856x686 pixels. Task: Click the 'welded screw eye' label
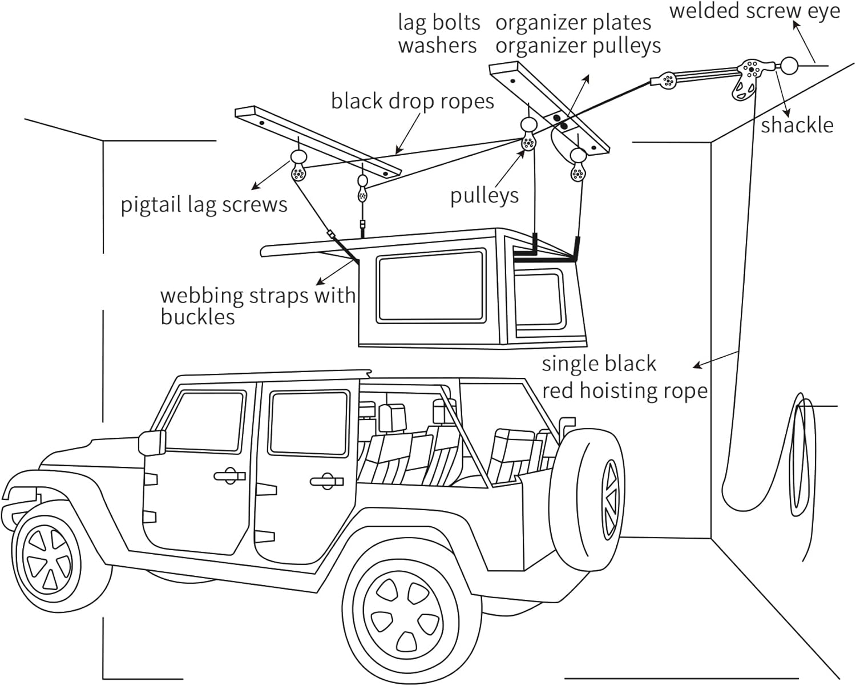pyautogui.click(x=754, y=11)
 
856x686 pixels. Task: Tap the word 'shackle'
pyautogui.click(x=797, y=125)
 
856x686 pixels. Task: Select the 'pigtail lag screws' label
pyautogui.click(x=204, y=204)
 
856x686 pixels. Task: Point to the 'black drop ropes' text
pyautogui.click(x=412, y=102)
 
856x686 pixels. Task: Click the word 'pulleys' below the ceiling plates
pyautogui.click(x=484, y=195)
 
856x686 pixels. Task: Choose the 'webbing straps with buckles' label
pyautogui.click(x=257, y=305)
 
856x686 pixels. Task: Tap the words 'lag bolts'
pyautogui.click(x=439, y=23)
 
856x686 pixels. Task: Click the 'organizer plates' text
pyautogui.click(x=573, y=23)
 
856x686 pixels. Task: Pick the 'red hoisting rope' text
pyautogui.click(x=624, y=391)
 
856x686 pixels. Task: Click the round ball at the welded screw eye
pyautogui.click(x=790, y=66)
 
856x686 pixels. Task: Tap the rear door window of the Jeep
pyautogui.click(x=308, y=422)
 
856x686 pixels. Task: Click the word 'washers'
pyautogui.click(x=437, y=46)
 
